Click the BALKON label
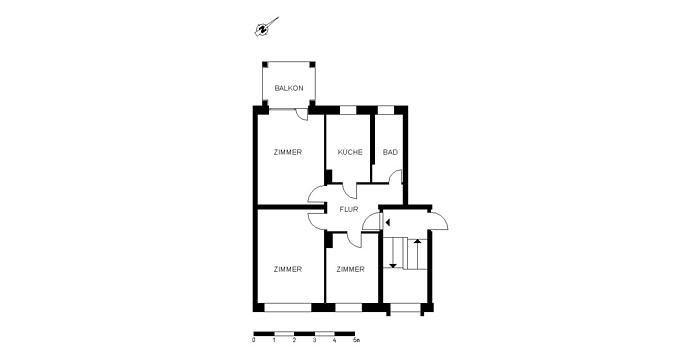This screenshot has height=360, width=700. click(289, 88)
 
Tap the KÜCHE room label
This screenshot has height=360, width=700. click(350, 152)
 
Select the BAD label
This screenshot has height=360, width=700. click(390, 152)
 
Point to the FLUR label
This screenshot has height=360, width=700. click(349, 209)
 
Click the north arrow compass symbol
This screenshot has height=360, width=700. click(262, 29)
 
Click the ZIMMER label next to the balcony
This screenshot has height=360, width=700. click(288, 152)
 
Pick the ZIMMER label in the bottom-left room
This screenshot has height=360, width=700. click(288, 269)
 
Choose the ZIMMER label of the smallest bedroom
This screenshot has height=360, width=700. click(350, 269)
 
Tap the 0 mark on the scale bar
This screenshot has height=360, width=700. click(254, 340)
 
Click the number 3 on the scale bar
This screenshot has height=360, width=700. click(314, 340)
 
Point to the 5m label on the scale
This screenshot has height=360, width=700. click(356, 340)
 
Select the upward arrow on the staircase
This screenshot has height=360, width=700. click(417, 255)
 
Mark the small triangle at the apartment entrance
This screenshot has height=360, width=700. click(388, 222)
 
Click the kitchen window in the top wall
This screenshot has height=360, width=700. click(348, 110)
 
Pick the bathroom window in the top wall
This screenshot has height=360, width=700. click(386, 110)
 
